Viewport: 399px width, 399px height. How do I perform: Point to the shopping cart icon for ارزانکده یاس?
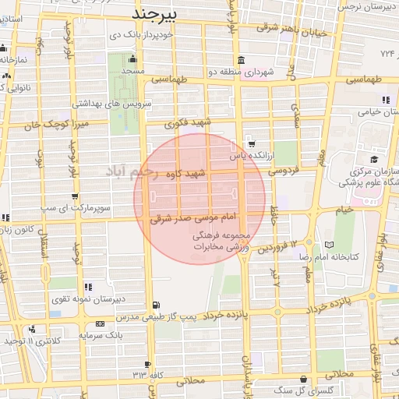click(251, 143)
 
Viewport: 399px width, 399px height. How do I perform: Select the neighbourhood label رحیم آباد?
click(133, 168)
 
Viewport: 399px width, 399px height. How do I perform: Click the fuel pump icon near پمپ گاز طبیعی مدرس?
click(158, 305)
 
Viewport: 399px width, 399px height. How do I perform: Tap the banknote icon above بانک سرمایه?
click(100, 323)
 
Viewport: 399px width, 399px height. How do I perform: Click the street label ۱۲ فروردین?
click(278, 247)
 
